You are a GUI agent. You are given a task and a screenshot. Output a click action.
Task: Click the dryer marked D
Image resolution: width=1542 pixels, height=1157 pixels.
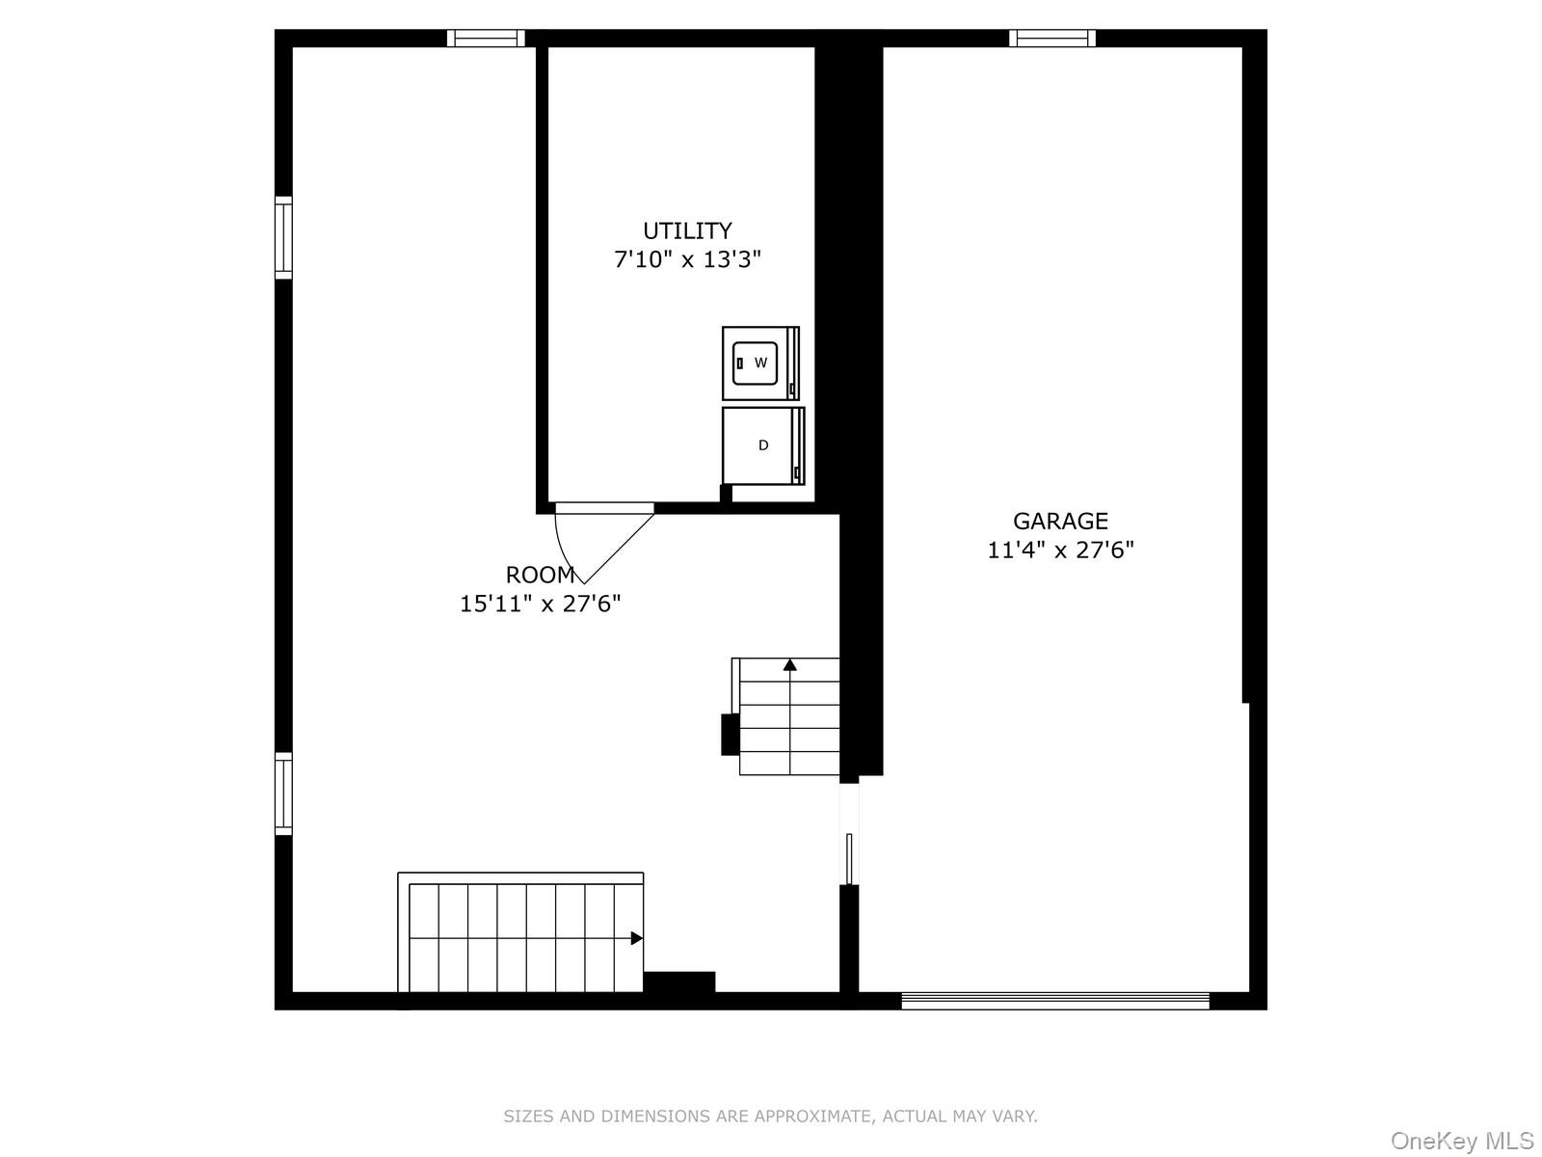[x=762, y=445]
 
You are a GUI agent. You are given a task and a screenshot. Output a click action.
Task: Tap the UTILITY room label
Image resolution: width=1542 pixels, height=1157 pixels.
[x=687, y=231]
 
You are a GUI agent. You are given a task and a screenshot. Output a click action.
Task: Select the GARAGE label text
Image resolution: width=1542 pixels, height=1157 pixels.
[x=1060, y=522]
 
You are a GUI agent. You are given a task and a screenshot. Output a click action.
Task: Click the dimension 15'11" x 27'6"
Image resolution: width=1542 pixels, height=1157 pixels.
[x=540, y=605]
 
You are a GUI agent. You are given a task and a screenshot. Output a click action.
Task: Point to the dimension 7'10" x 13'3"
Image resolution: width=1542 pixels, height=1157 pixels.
[x=687, y=259]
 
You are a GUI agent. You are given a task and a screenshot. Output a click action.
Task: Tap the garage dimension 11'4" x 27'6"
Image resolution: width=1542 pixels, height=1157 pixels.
[x=1060, y=551]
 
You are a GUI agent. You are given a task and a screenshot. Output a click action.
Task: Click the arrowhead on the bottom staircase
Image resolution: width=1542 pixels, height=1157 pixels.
[x=636, y=938]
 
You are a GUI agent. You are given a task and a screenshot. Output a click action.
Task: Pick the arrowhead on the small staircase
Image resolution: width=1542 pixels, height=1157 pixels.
[x=790, y=664]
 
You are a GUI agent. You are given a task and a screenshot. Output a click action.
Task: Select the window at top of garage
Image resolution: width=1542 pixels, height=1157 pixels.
[x=1052, y=39]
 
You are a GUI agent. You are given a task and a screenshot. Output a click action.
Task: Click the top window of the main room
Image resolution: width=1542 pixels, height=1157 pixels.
[x=486, y=39]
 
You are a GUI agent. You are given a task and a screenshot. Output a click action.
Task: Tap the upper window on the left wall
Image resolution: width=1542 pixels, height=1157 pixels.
[x=283, y=237]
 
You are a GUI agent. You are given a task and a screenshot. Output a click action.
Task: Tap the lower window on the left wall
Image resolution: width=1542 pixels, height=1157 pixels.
[x=283, y=794]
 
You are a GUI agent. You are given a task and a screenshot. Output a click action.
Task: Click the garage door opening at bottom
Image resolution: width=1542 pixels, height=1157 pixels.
[x=1055, y=1002]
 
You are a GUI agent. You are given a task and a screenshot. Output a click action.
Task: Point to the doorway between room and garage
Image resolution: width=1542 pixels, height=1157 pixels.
[x=849, y=834]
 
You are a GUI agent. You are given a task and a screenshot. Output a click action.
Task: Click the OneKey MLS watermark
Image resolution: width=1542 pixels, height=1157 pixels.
[x=1461, y=1142]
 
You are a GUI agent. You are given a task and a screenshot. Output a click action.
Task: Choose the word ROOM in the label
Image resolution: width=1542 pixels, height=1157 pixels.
[x=540, y=576]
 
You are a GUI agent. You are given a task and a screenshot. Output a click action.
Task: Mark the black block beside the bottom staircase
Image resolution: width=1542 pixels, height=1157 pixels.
[x=679, y=982]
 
